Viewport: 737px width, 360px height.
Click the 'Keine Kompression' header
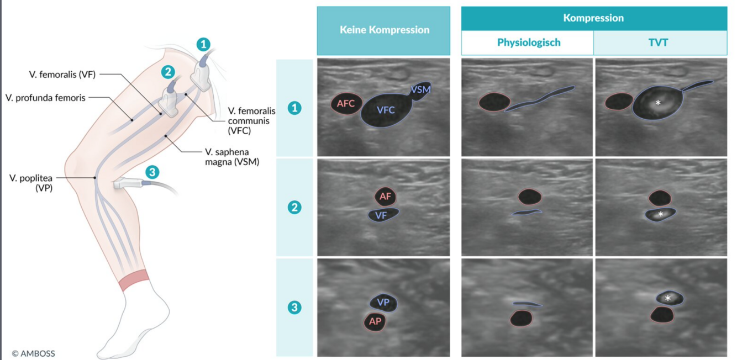coord(384,30)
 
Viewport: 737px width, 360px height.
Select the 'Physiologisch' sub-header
coord(528,43)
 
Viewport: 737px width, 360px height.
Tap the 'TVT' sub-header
coord(659,43)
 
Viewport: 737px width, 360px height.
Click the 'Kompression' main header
coord(593,18)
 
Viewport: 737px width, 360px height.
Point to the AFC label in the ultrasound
coord(346,103)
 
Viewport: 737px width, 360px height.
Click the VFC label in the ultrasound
coord(386,110)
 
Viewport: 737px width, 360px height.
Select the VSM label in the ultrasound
coord(420,89)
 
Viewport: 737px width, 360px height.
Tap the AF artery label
coord(385,195)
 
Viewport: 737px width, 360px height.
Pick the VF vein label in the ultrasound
coord(381,215)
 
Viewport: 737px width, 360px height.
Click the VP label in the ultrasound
coord(383,303)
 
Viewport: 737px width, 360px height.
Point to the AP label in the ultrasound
coord(375,321)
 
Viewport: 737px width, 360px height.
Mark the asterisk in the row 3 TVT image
coord(668,298)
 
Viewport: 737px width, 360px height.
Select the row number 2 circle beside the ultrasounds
coord(294,208)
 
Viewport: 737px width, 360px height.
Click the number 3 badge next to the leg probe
coord(152,172)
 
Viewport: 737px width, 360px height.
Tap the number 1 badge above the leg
coord(204,44)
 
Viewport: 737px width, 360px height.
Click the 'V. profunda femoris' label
coord(45,98)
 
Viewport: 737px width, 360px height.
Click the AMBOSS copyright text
coord(34,353)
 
